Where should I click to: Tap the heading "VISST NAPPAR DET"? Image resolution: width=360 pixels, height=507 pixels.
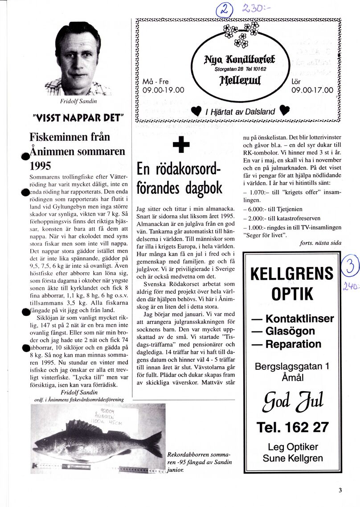pyautogui.click(x=78, y=118)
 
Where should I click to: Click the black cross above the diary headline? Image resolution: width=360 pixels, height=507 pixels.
pyautogui.click(x=181, y=145)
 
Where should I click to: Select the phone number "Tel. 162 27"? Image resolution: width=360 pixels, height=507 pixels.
pyautogui.click(x=293, y=427)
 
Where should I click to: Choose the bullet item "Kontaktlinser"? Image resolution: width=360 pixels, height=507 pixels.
pyautogui.click(x=292, y=319)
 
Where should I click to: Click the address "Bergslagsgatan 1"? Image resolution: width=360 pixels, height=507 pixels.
pyautogui.click(x=292, y=366)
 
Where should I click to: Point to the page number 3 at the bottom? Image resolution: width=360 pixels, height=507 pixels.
pyautogui.click(x=340, y=491)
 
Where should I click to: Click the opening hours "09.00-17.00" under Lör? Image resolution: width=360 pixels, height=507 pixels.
pyautogui.click(x=312, y=90)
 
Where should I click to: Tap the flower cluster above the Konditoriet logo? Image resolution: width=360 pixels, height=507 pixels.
pyautogui.click(x=241, y=34)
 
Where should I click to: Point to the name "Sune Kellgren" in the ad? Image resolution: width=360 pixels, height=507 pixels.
pyautogui.click(x=293, y=458)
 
